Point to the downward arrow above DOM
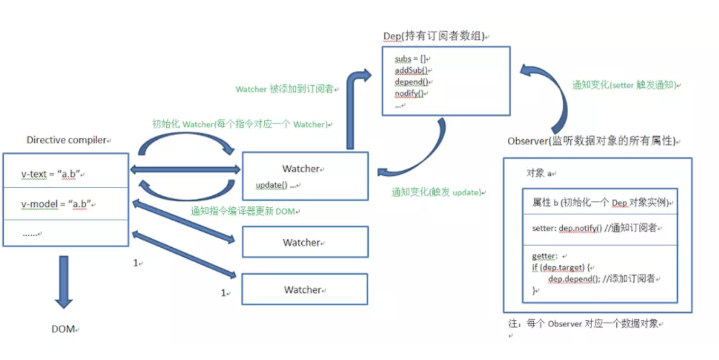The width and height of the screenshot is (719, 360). tap(64, 282)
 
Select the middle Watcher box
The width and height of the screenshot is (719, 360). tap(305, 242)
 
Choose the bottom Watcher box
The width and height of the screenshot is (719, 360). tap(304, 289)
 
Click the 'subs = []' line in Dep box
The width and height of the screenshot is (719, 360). tap(410, 59)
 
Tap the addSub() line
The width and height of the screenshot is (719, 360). tap(411, 70)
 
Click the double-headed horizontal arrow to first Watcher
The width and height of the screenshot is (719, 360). tap(185, 169)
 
